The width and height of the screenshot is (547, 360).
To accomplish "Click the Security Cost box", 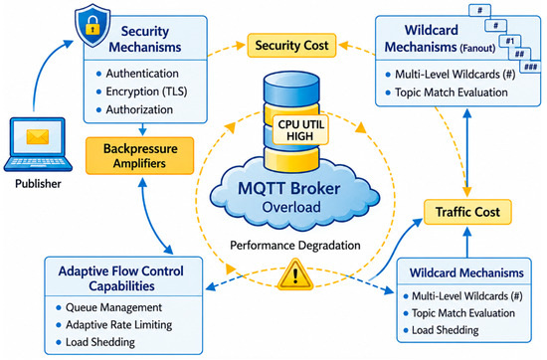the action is pyautogui.click(x=291, y=46).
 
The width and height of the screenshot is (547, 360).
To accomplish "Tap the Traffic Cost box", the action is pyautogui.click(x=467, y=212).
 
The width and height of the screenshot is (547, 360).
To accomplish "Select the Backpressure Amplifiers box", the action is pyautogui.click(x=140, y=155).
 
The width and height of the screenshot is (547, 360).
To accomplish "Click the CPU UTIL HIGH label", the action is pyautogui.click(x=300, y=129).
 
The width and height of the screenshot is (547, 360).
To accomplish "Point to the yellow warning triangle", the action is pyautogui.click(x=295, y=275).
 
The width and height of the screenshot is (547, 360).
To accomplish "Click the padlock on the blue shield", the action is pyautogui.click(x=92, y=28).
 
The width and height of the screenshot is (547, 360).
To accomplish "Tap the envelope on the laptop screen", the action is pyautogui.click(x=38, y=136).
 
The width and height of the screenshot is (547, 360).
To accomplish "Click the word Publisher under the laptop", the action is pyautogui.click(x=38, y=184).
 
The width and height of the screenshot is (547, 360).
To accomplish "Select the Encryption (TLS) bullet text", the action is pyautogui.click(x=146, y=91).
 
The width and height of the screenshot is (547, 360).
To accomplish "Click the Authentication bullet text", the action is pyautogui.click(x=142, y=74).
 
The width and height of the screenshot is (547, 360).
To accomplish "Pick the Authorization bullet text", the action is pyautogui.click(x=139, y=109).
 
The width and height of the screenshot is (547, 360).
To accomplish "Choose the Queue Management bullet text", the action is pyautogui.click(x=113, y=307).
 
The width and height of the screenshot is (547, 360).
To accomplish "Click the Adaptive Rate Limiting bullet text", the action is pyautogui.click(x=119, y=325).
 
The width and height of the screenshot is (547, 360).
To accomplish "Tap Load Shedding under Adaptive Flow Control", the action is pyautogui.click(x=100, y=342).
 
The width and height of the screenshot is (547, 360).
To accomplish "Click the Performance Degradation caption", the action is pyautogui.click(x=295, y=246).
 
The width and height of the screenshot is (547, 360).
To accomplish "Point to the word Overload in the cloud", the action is pyautogui.click(x=291, y=207).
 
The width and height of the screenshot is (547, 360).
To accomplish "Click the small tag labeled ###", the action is pyautogui.click(x=530, y=67).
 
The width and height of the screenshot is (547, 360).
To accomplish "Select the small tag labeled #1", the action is pyautogui.click(x=510, y=41).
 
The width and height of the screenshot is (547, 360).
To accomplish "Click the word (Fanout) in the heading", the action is pyautogui.click(x=477, y=48).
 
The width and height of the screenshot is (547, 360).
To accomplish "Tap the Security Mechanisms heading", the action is pyautogui.click(x=145, y=39).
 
